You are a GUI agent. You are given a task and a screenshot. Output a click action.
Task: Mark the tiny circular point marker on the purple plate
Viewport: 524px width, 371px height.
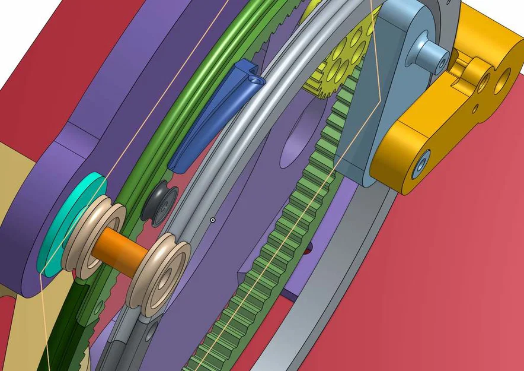coord(213,220)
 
